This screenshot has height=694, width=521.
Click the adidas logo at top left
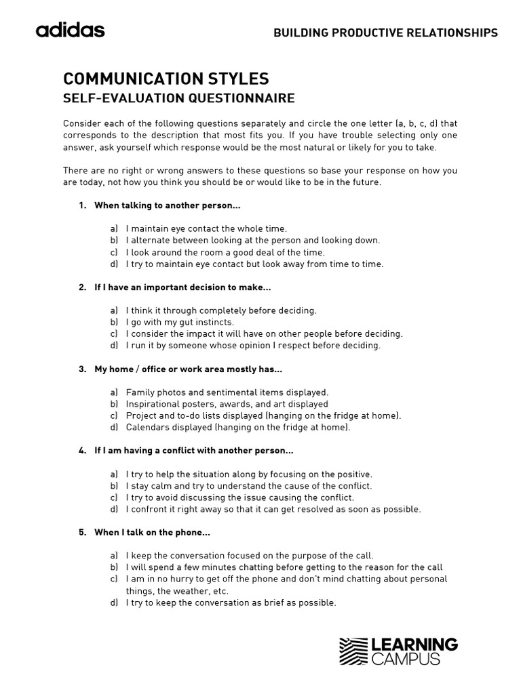[70, 30]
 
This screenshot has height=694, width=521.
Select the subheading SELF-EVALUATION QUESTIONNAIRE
[178, 99]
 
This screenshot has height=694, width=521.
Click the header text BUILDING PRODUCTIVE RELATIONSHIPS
[385, 33]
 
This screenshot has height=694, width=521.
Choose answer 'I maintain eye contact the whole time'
[206, 229]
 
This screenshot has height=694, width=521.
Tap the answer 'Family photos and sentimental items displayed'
[227, 392]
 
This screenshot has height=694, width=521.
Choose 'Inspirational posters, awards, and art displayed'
[227, 404]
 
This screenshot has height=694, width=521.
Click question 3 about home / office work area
[188, 369]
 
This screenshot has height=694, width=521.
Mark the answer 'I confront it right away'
[273, 509]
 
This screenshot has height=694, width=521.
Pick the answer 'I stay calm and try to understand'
[248, 486]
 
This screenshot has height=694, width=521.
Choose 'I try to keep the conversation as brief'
[231, 603]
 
